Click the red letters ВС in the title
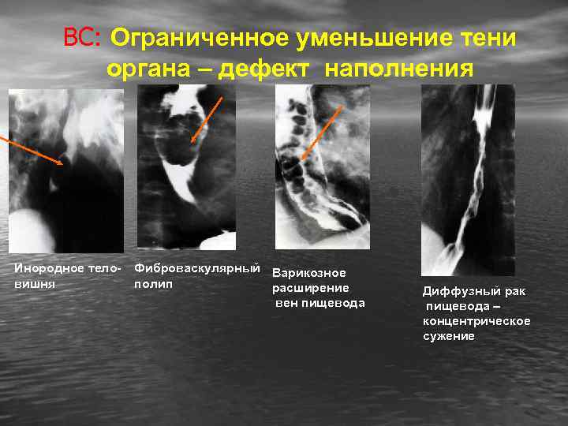(x=81, y=38)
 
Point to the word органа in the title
(x=153, y=69)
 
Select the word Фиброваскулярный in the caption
(x=198, y=268)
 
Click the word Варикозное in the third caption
(x=309, y=273)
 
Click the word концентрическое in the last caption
(x=476, y=321)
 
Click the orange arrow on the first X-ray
(x=32, y=150)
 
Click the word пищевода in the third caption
(x=334, y=303)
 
